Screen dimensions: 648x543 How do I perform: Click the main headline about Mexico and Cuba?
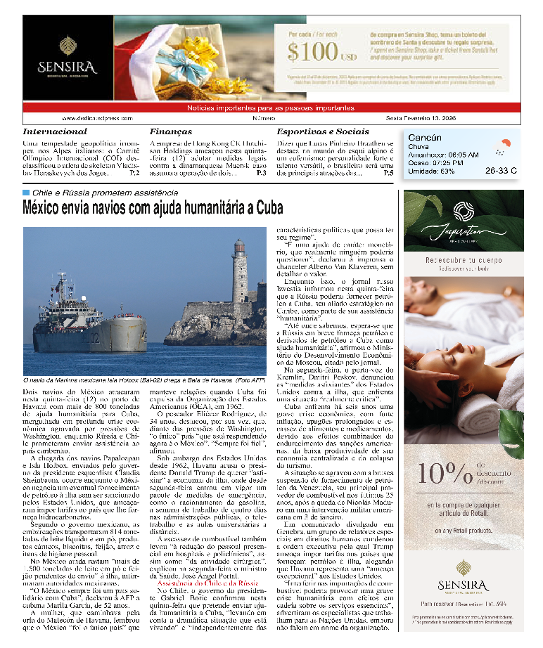153,208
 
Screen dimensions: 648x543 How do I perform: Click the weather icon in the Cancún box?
501,147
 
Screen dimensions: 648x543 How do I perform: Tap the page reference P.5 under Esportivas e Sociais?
388,172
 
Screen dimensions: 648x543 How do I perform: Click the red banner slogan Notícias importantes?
271,108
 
